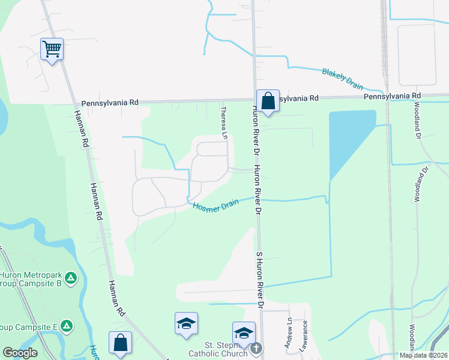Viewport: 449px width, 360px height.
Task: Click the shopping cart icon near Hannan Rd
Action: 52,49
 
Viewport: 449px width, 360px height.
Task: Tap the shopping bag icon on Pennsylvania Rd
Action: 268,100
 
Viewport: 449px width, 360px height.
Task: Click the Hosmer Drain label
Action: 215,205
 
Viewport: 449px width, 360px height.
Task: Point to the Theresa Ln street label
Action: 224,123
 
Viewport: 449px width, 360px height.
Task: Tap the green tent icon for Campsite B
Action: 71,277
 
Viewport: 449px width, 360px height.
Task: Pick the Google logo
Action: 19,353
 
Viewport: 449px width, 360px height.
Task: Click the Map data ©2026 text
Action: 423,355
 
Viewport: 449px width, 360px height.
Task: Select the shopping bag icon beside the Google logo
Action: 120,343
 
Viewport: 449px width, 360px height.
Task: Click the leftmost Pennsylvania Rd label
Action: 110,103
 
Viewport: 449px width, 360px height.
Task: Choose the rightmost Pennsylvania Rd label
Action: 392,96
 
